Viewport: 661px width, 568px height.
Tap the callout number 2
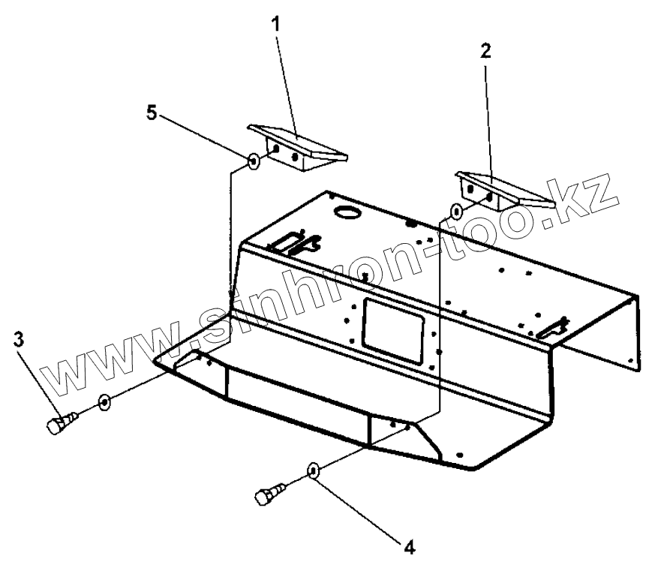485,52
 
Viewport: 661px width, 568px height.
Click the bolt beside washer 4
268,495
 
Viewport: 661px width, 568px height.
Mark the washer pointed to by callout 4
314,471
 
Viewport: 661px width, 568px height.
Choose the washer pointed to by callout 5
254,161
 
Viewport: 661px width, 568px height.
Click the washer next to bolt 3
104,402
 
